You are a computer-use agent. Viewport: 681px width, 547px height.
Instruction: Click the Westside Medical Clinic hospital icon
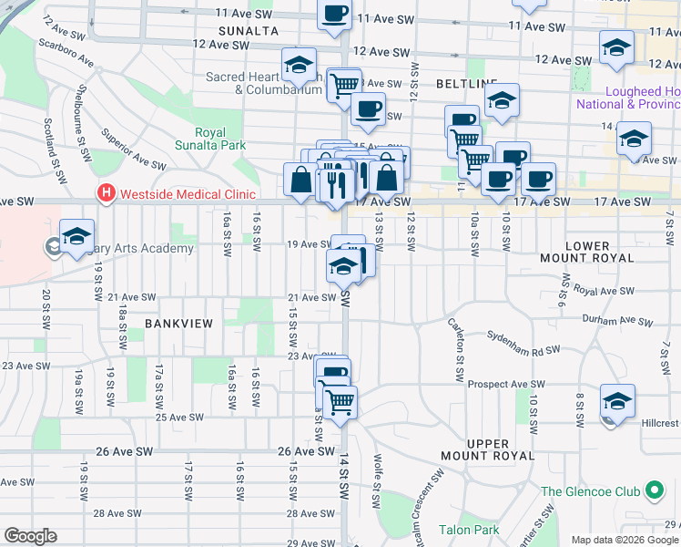point(107,193)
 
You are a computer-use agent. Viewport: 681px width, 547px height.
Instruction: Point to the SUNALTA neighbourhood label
point(242,31)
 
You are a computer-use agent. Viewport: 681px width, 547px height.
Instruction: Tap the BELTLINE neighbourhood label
point(466,83)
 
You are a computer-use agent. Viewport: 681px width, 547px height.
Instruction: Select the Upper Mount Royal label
point(500,449)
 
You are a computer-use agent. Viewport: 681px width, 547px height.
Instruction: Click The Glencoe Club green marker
point(654,490)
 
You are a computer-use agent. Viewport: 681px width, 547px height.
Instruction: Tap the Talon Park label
point(468,530)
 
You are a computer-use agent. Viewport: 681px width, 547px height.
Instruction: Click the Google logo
point(30,536)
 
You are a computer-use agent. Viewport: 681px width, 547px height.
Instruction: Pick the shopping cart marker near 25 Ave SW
point(340,401)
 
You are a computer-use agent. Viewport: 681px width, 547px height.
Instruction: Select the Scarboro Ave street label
point(67,53)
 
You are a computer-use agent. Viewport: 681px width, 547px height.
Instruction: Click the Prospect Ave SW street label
point(506,385)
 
